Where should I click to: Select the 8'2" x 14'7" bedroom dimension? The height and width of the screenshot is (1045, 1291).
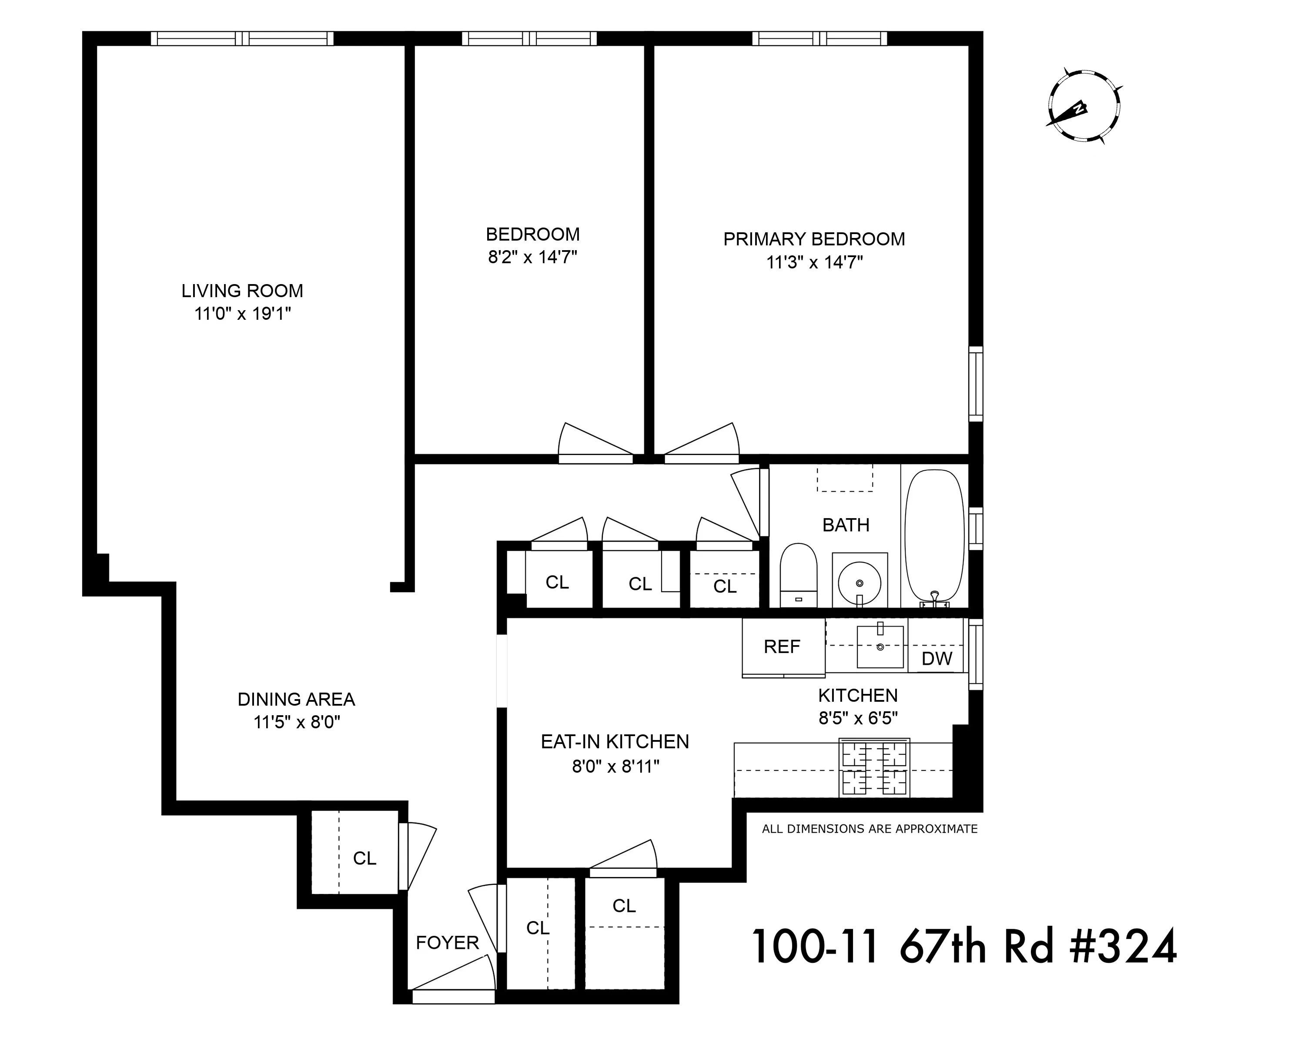tap(532, 258)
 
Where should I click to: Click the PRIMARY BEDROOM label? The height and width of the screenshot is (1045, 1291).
tap(814, 239)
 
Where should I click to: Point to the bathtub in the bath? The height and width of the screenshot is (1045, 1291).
tap(935, 535)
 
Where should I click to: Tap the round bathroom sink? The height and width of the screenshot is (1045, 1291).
tap(860, 582)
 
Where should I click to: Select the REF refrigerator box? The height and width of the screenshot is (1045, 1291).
tap(783, 647)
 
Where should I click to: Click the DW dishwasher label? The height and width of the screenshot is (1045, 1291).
tap(937, 659)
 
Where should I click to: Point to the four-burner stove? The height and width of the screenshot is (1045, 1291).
tap(874, 768)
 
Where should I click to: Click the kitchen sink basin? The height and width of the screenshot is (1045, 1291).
tap(880, 646)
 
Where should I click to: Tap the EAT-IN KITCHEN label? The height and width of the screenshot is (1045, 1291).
tap(615, 742)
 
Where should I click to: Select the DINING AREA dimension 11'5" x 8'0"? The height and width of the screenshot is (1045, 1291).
tap(297, 722)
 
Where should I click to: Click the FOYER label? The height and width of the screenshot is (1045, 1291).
tap(447, 942)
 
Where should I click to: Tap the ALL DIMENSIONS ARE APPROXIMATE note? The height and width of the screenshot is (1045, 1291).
tap(869, 829)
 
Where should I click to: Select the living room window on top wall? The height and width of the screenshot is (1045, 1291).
tap(241, 39)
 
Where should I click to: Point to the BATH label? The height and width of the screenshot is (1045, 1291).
tap(846, 525)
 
